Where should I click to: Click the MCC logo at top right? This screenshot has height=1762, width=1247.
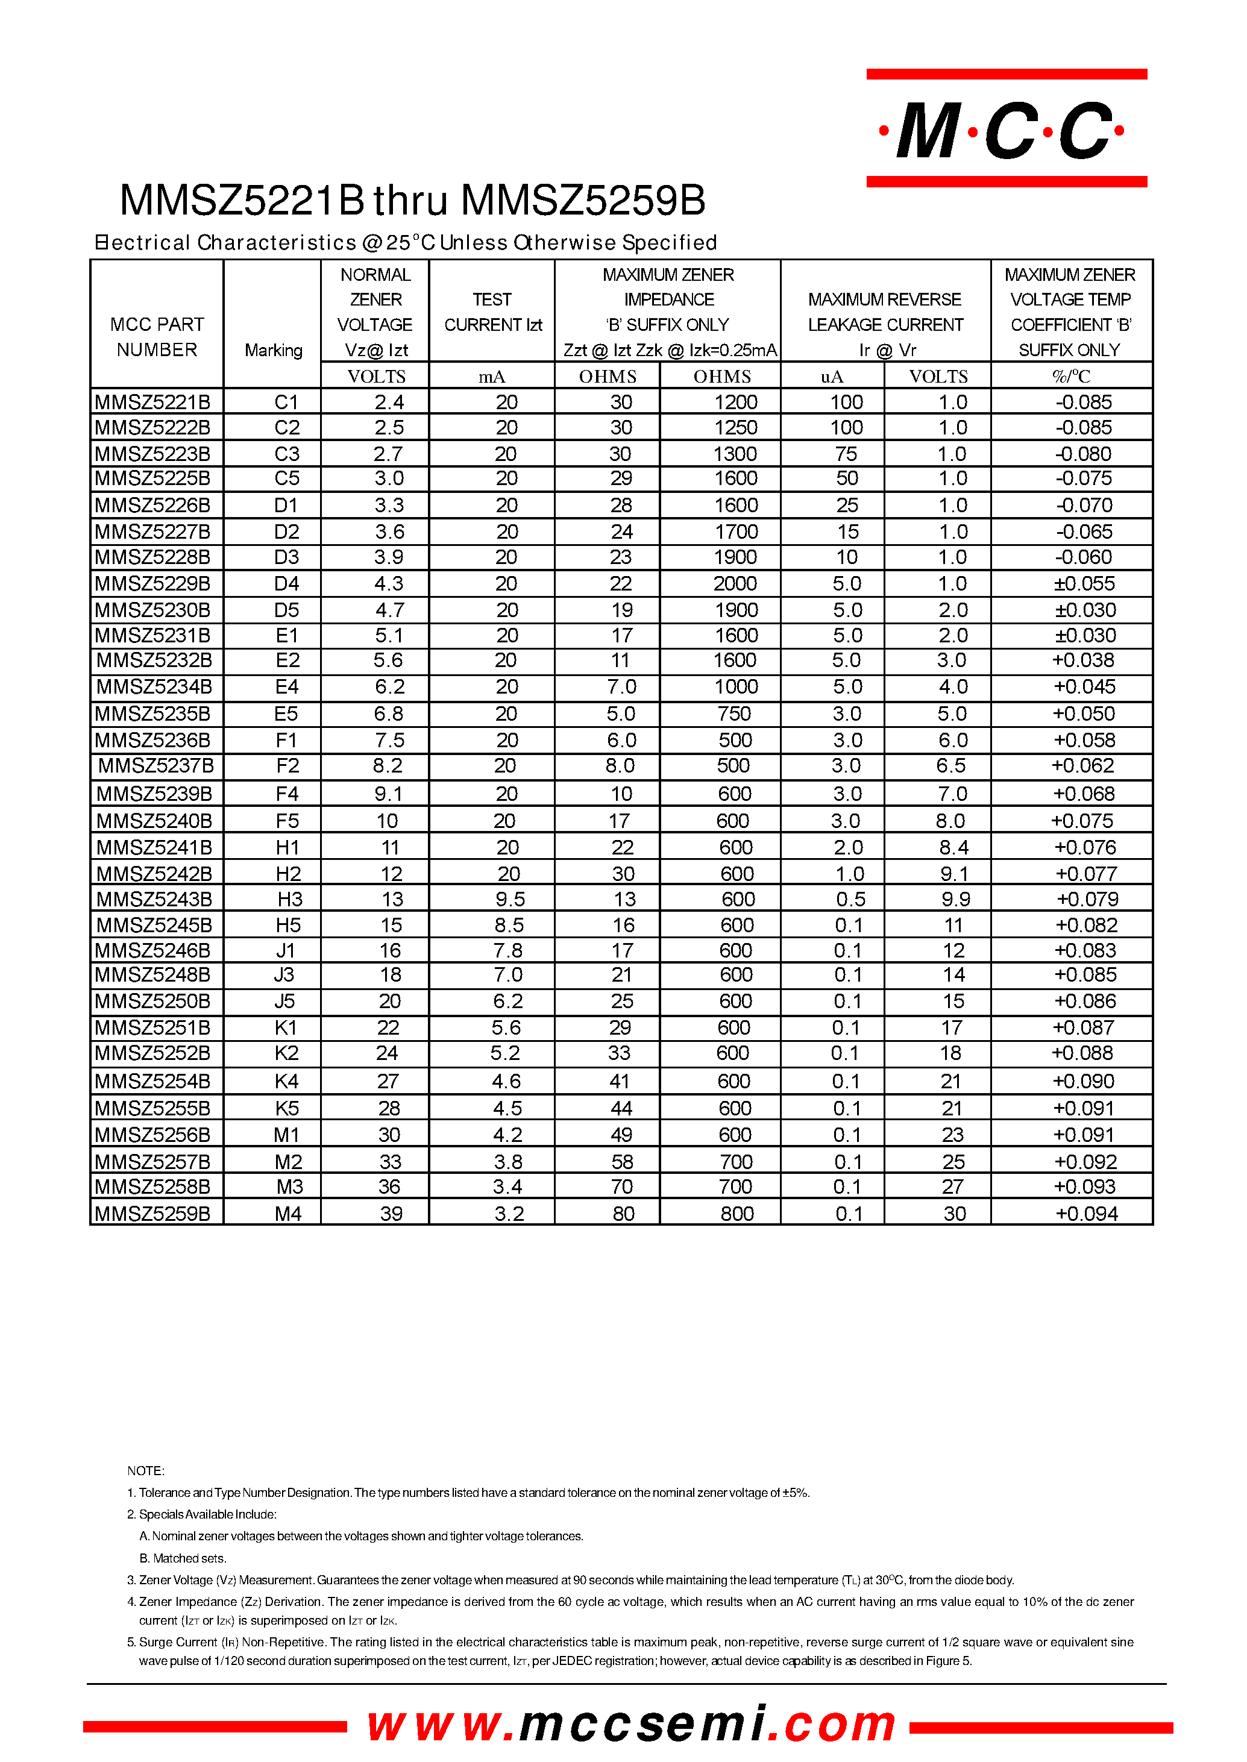1006,129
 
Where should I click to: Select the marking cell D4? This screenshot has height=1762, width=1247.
286,583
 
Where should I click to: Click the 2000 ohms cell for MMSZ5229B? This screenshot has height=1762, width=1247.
735,583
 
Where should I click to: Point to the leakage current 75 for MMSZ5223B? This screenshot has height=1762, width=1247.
846,454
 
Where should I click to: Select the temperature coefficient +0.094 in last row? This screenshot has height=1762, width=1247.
1085,1213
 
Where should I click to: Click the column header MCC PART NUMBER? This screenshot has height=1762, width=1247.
157,336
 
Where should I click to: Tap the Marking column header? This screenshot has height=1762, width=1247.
274,350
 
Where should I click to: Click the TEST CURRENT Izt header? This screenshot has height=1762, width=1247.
492,313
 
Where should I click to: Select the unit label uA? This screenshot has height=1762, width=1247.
832,376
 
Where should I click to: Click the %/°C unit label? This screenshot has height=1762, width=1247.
1070,376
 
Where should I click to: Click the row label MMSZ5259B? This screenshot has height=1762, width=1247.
153,1213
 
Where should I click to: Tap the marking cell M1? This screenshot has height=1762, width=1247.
286,1134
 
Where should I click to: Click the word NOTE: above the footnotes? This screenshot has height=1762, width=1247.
146,1470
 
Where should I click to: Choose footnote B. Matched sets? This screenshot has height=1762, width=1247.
183,1558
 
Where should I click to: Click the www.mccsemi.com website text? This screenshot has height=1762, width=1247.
631,1723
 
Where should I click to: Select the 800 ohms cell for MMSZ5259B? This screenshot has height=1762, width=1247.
737,1213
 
